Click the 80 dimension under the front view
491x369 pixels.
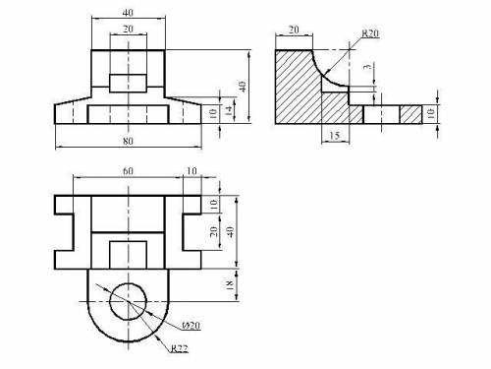click(128, 141)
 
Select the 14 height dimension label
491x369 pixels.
click(230, 110)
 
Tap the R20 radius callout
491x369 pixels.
click(370, 33)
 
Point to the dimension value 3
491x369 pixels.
click(368, 66)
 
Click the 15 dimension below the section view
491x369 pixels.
click(335, 135)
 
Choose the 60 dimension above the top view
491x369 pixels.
click(128, 171)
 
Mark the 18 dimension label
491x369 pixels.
click(230, 284)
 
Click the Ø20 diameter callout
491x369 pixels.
click(191, 326)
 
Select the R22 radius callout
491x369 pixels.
click(180, 348)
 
